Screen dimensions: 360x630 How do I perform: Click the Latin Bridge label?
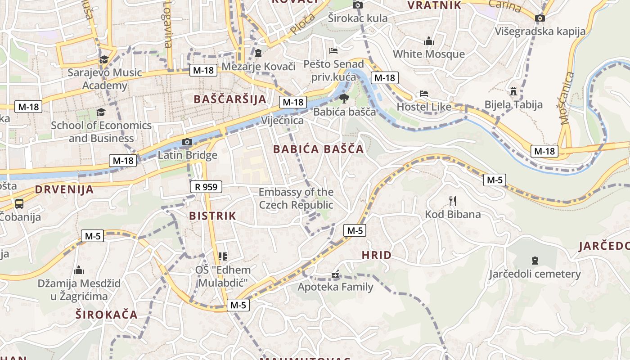pos(187,155)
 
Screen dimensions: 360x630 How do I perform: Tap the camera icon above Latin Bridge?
pos(187,142)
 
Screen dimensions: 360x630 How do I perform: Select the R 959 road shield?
pos(206,186)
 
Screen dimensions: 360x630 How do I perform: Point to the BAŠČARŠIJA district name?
pos(229,99)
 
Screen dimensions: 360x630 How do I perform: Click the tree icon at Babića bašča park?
pos(344,99)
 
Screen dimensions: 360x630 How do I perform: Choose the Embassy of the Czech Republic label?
pos(296,198)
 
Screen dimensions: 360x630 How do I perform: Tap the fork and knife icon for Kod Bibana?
pos(453,201)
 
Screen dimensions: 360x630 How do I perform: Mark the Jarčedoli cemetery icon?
pos(535,260)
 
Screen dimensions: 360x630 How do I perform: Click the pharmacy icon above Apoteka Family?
pos(335,274)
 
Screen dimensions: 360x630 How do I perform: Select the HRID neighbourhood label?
pos(377,256)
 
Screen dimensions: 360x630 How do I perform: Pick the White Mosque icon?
pos(429,41)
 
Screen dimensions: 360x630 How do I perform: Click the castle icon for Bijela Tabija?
pos(513,92)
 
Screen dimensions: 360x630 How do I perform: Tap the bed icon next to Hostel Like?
pos(423,94)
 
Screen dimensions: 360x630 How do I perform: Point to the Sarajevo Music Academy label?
pos(104,79)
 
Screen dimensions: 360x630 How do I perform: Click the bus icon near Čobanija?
pos(19,203)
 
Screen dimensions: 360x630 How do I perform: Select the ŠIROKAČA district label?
pos(106,315)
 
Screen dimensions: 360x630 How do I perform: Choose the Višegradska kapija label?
pos(540,31)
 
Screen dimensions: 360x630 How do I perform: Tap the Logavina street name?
pos(168,25)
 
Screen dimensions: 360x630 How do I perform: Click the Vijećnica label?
pos(282,121)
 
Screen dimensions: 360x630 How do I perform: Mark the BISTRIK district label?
pos(212,216)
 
